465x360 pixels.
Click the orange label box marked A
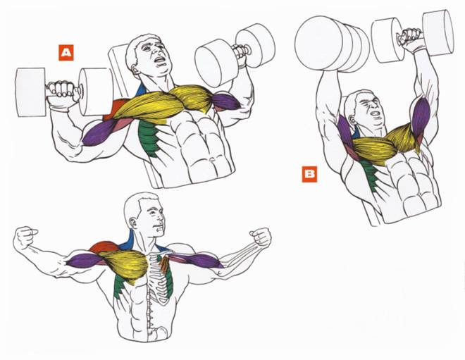[66, 53]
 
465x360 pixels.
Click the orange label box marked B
[309, 175]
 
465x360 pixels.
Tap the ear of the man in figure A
[135, 70]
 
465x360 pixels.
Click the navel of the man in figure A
[212, 159]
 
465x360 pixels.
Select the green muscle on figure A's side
[150, 137]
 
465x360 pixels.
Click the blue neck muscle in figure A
[142, 89]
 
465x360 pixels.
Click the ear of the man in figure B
[353, 120]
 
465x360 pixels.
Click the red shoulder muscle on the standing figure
[104, 247]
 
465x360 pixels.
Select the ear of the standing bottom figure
[134, 223]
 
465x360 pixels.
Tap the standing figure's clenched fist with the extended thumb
[27, 236]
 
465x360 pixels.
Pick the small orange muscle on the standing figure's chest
[164, 263]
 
